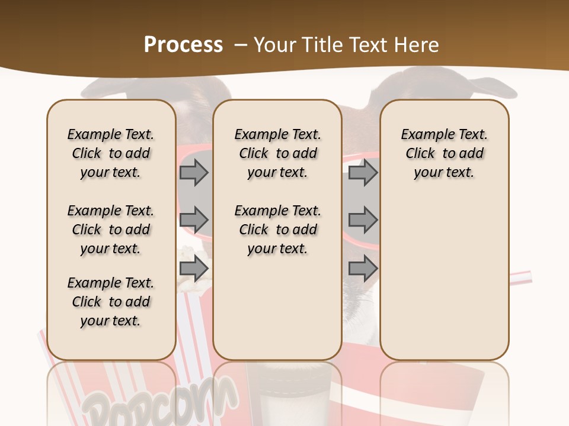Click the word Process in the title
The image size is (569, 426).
pyautogui.click(x=183, y=44)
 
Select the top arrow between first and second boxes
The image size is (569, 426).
pyautogui.click(x=194, y=172)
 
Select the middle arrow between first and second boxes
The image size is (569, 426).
pyautogui.click(x=194, y=220)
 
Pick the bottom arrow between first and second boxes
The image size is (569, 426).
pyautogui.click(x=194, y=269)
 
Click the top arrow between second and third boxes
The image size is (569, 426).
pyautogui.click(x=363, y=172)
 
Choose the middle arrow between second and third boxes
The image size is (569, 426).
pyautogui.click(x=363, y=220)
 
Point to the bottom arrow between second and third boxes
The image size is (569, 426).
pyautogui.click(x=363, y=269)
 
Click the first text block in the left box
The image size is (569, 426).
pyautogui.click(x=111, y=153)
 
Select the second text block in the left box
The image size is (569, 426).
pyautogui.click(x=111, y=230)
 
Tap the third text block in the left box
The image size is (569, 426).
pyautogui.click(x=111, y=302)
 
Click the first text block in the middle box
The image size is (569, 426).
pyautogui.click(x=278, y=153)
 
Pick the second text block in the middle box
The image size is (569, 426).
pyautogui.click(x=278, y=230)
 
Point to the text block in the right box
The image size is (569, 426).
pyautogui.click(x=445, y=153)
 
